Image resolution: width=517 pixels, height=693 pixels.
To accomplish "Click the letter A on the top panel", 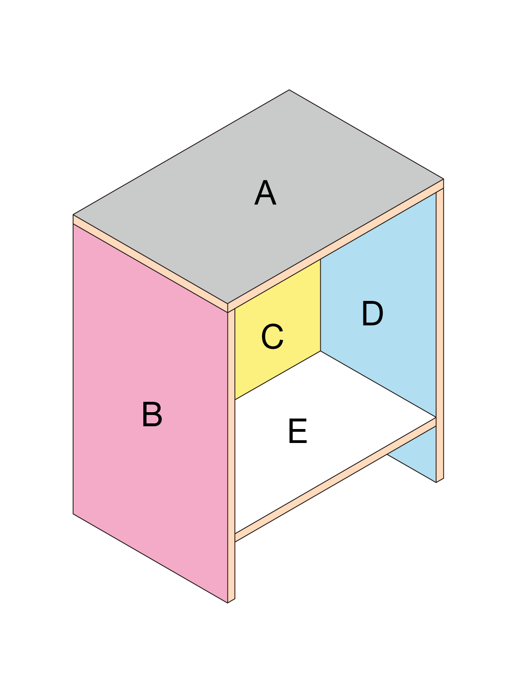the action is pos(265,193).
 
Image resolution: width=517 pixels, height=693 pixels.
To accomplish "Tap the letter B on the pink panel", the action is pos(152,414).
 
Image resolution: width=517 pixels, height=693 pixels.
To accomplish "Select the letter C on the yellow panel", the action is pos(272,337).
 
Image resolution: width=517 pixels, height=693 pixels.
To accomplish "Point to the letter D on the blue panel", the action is pos(372,314).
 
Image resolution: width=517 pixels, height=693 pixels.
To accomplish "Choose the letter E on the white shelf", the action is pos(298,431).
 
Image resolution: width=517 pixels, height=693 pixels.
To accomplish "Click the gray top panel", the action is pos(258,197).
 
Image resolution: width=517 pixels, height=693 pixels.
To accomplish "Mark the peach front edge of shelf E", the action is pos(335,480).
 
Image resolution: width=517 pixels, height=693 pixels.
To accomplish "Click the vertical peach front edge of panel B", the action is pos(231,456).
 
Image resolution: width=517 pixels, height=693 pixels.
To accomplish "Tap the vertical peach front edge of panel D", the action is pos(440,335).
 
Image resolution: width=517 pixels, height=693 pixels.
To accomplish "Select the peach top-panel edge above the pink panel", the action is pos(150,264).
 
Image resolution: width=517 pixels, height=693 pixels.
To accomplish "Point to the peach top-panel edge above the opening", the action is pos(335,246).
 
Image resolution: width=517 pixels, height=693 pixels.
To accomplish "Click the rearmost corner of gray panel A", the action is pos(289,90).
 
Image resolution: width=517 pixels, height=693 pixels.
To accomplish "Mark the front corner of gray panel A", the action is pos(227,304).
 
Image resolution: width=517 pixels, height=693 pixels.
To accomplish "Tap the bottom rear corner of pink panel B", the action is pos(73,514).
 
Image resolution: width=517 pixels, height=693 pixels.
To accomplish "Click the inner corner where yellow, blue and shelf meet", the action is pos(321,351).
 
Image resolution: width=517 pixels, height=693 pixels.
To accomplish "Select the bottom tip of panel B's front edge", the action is pos(228,603).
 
